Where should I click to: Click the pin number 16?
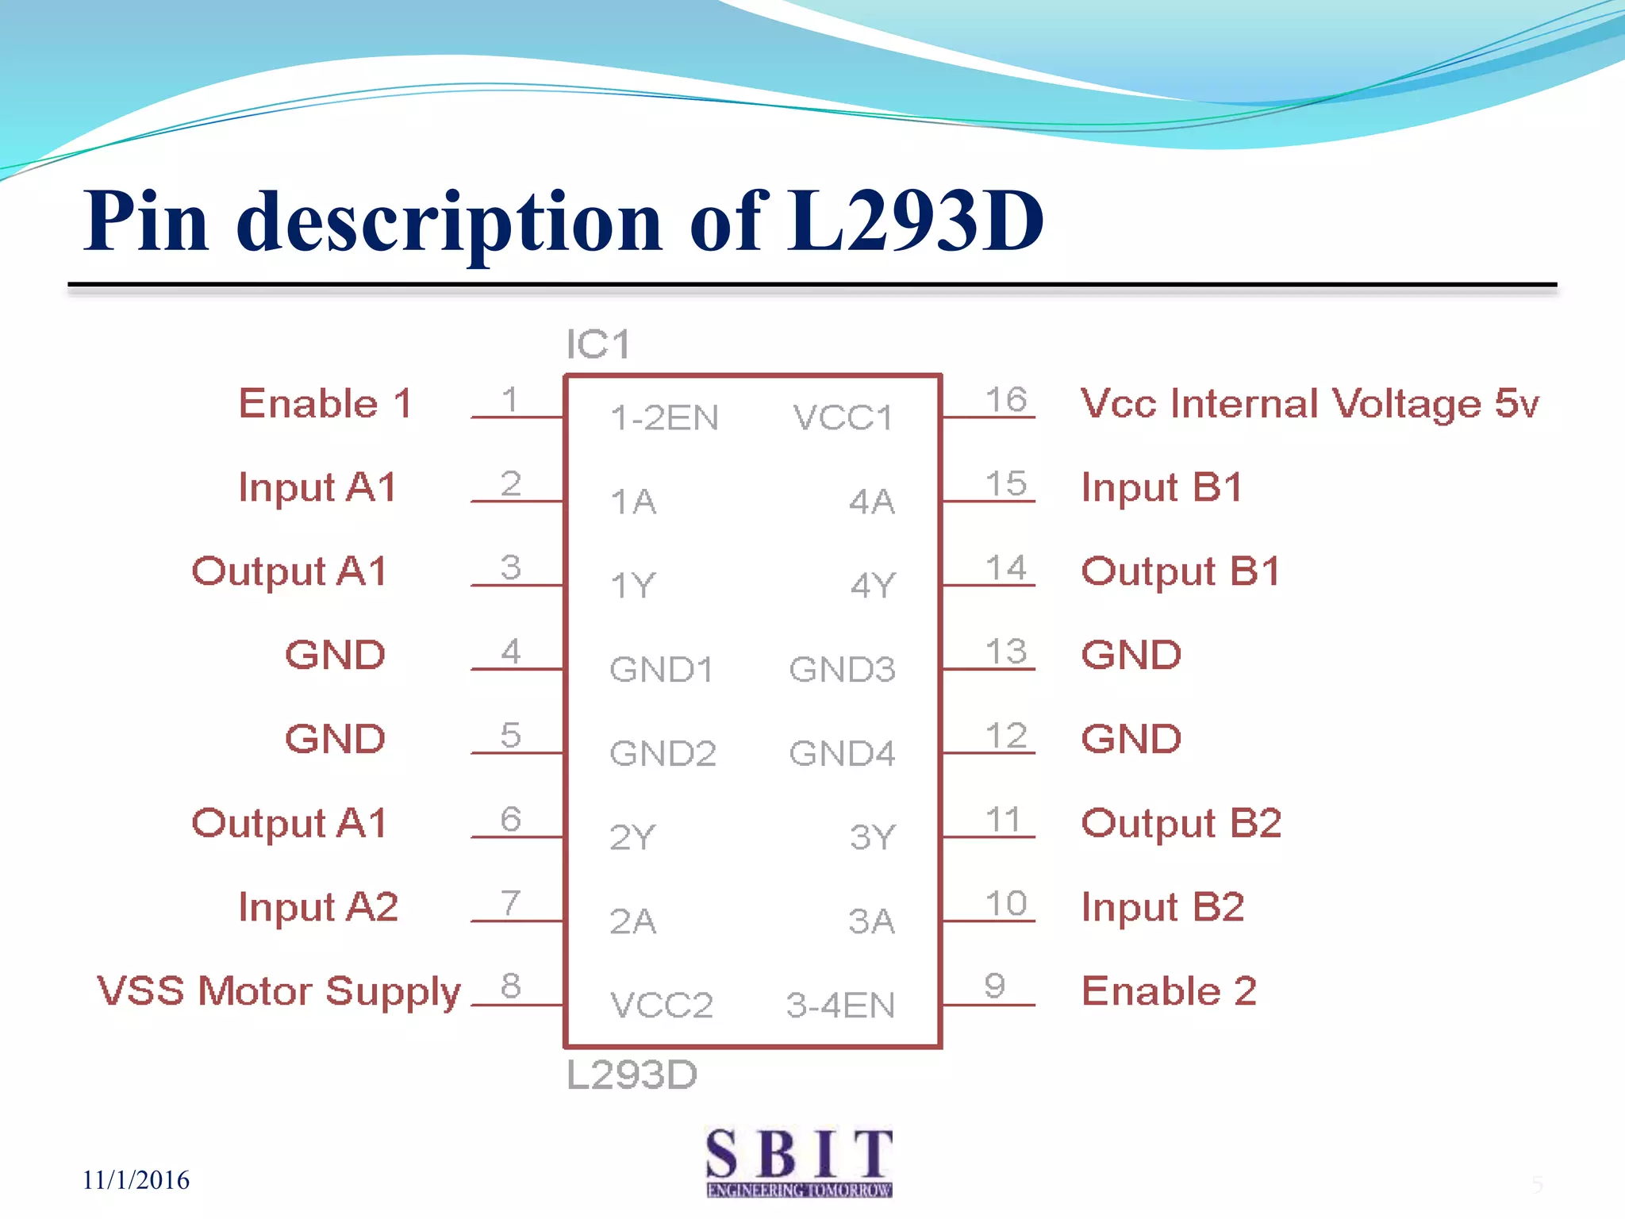click(x=1006, y=399)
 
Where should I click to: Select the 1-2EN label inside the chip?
click(x=664, y=417)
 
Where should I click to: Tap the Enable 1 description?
click(x=325, y=403)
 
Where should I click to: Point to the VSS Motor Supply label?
click(x=279, y=991)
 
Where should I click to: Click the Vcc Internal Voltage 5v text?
click(x=1309, y=403)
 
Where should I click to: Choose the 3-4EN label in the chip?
click(x=840, y=1005)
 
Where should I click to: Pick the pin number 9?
click(x=995, y=986)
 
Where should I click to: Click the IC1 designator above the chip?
click(x=598, y=344)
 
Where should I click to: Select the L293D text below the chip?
click(x=632, y=1075)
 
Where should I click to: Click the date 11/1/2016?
click(x=136, y=1180)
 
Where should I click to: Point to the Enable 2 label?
click(x=1169, y=991)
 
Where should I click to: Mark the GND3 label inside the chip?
click(x=842, y=669)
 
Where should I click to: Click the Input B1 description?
click(x=1162, y=487)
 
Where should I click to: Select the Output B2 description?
click(x=1181, y=823)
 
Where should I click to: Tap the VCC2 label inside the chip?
click(x=661, y=1005)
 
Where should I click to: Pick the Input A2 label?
click(x=318, y=907)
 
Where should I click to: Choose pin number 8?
click(x=511, y=986)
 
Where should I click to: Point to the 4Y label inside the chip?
click(x=873, y=585)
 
